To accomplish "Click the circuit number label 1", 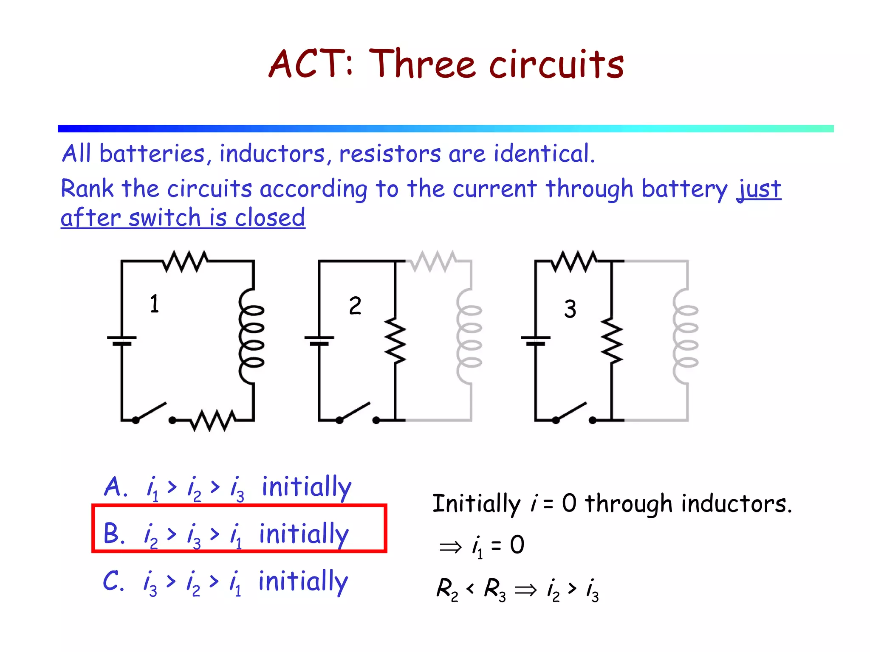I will tap(154, 304).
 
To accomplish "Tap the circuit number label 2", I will tap(355, 306).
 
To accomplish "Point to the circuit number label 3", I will tap(570, 309).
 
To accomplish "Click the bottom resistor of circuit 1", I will tap(213, 420).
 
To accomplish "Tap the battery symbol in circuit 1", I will tap(121, 340).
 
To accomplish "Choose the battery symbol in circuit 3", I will tap(536, 340).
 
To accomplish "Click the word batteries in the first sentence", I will tap(152, 154).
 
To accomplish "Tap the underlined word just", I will tap(759, 189).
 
